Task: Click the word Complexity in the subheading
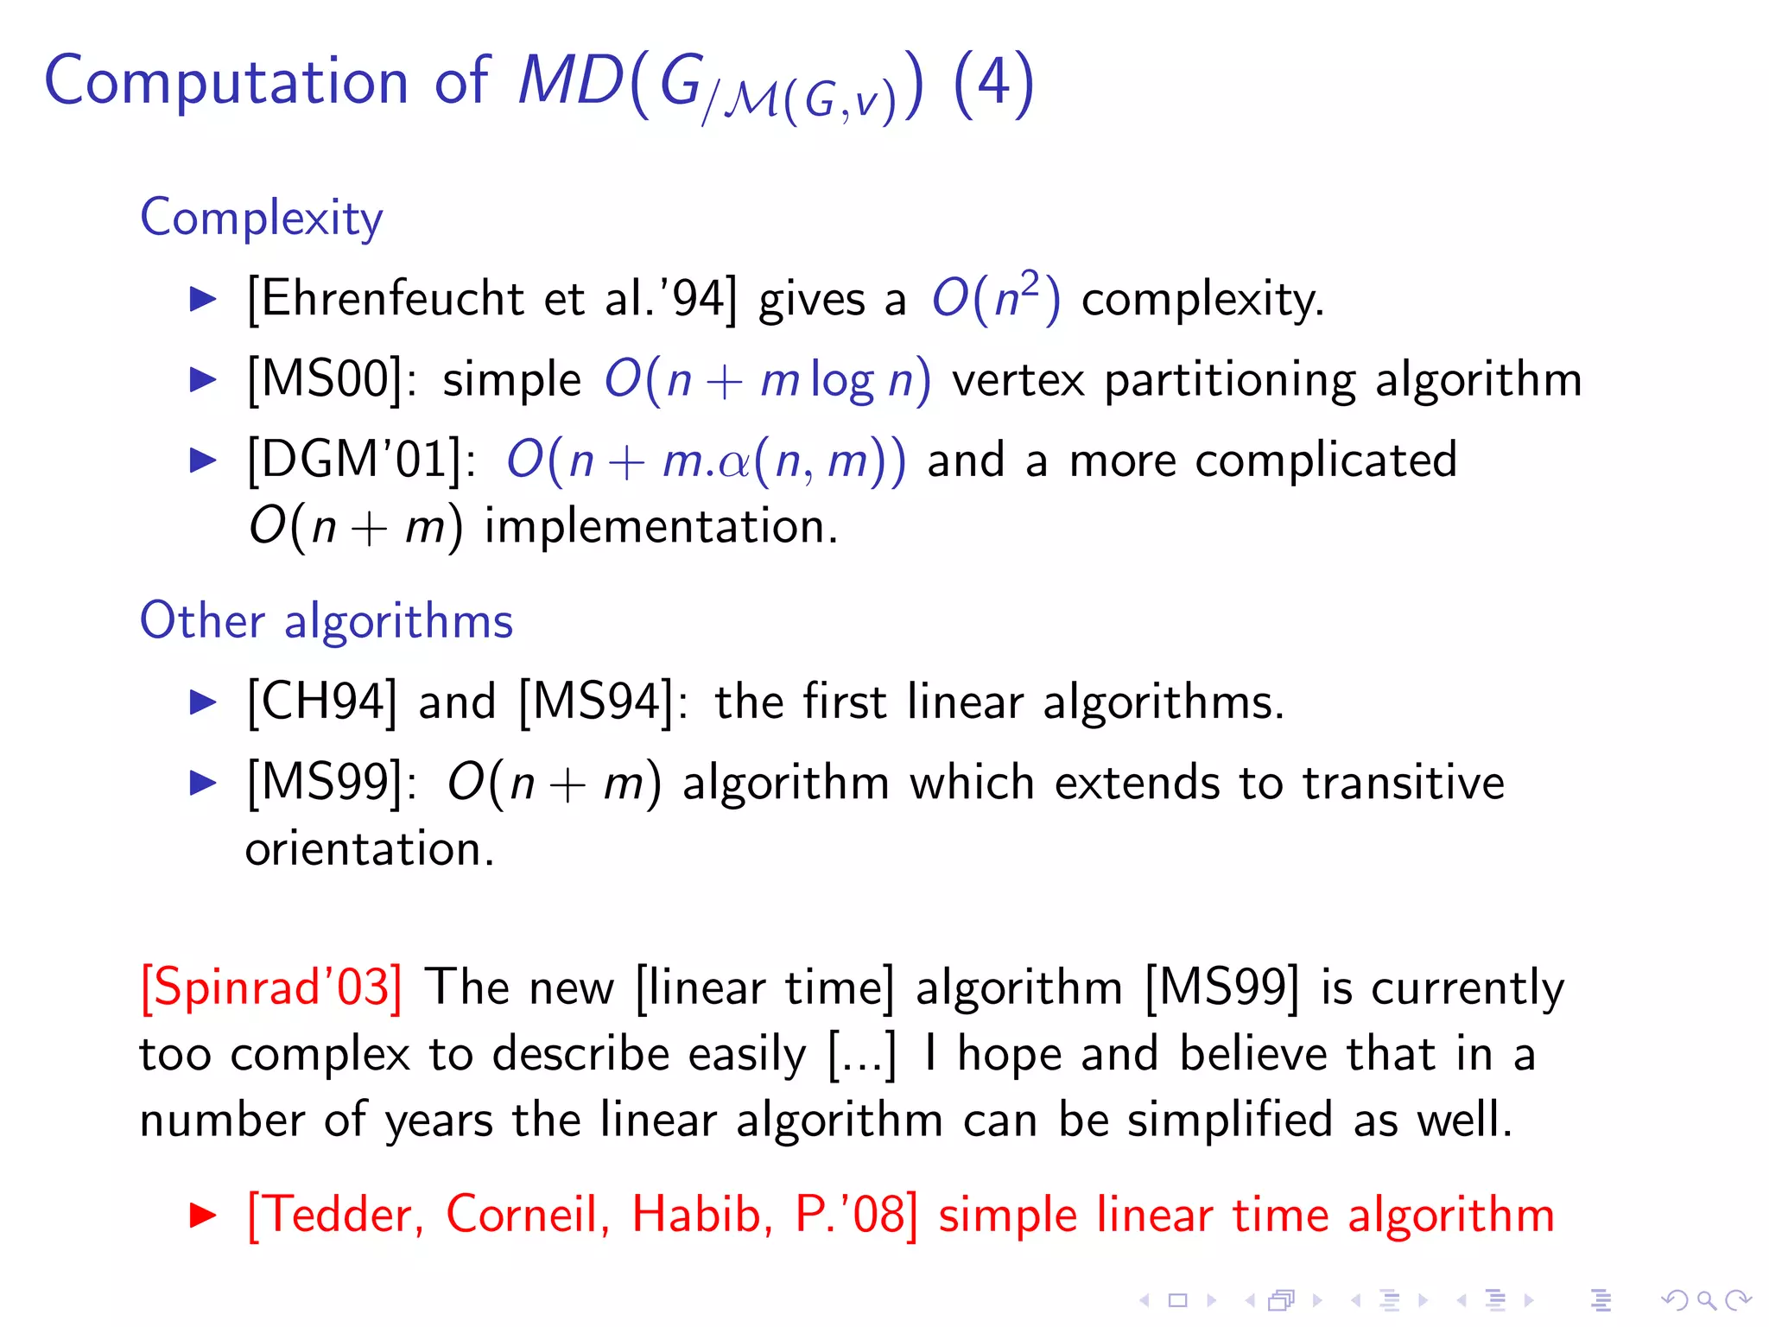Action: tap(261, 218)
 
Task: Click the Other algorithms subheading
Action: tap(327, 620)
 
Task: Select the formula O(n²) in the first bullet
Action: tap(995, 299)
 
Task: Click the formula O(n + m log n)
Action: tap(767, 379)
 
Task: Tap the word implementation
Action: tap(661, 526)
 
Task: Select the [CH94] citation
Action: tap(322, 702)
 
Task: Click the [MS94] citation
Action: tap(596, 702)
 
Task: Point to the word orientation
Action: tap(370, 849)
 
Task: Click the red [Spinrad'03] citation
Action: tap(271, 987)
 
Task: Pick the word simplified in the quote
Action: tap(1230, 1120)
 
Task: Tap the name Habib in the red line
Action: tap(696, 1215)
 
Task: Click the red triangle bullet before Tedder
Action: tap(203, 1216)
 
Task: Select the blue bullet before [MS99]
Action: tap(203, 783)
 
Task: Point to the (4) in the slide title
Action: tap(993, 83)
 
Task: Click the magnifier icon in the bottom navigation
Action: tap(1706, 1299)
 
